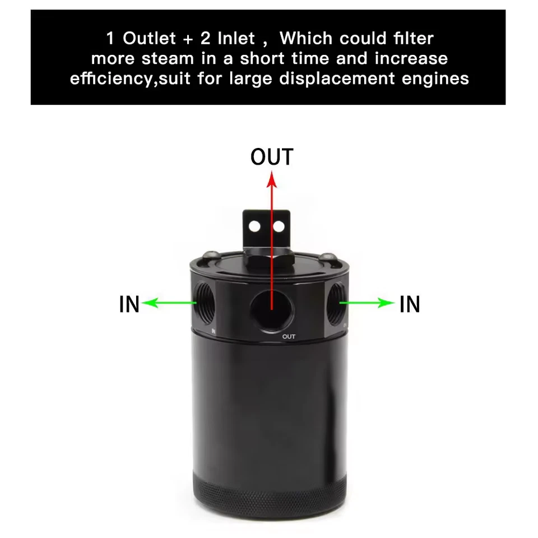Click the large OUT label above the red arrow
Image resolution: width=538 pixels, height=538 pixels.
pos(272,157)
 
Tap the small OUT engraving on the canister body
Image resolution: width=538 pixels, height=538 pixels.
pos(289,337)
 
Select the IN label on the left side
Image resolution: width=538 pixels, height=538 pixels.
pos(129,304)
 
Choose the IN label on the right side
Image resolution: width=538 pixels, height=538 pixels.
pos(410,304)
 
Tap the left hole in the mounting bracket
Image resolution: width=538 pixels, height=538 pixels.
pos(256,226)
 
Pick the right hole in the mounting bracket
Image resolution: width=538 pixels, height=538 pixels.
pos(278,226)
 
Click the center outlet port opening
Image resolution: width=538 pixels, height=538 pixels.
pos(272,308)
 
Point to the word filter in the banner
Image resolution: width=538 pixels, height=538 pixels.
pos(412,39)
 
